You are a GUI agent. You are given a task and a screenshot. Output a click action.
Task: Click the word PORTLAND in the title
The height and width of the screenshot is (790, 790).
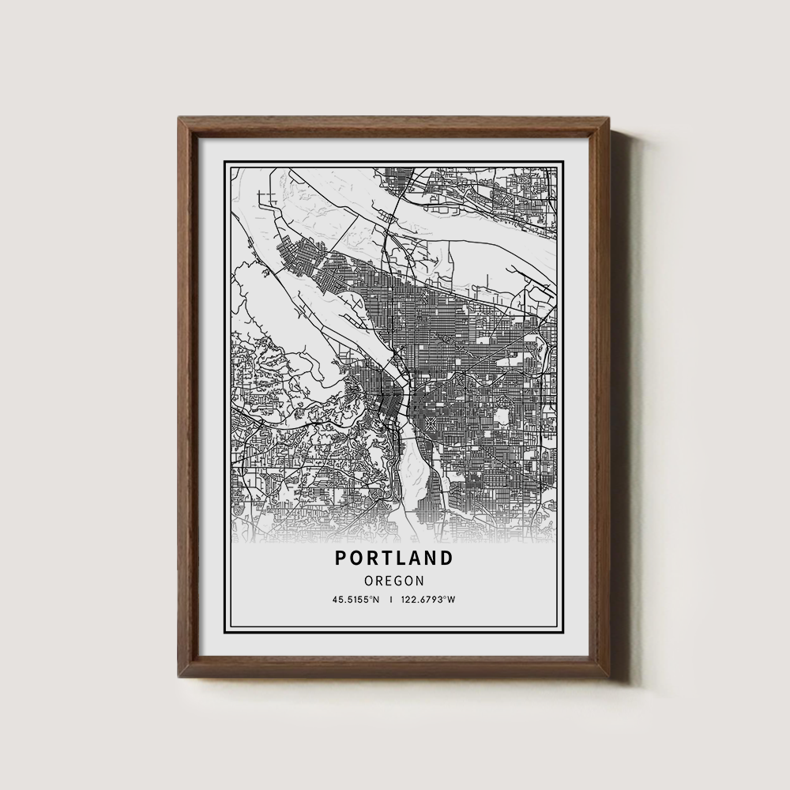[x=394, y=558]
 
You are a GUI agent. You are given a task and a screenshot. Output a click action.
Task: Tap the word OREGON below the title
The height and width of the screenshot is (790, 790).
[x=394, y=581]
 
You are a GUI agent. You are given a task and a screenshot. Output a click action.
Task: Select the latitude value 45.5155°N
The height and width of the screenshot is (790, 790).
[x=356, y=600]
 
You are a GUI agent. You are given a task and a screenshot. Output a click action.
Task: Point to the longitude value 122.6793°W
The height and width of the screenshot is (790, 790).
[x=428, y=600]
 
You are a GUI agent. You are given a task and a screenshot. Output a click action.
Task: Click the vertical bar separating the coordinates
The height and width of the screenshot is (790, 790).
[x=391, y=600]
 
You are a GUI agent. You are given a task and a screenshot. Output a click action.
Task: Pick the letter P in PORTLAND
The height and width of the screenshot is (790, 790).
[x=340, y=558]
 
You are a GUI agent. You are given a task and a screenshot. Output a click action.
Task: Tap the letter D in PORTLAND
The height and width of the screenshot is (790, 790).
[x=448, y=558]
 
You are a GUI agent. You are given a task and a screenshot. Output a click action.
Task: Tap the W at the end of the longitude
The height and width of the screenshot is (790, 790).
[x=452, y=600]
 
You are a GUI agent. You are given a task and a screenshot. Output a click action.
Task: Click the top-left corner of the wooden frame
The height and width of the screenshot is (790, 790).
[x=179, y=117]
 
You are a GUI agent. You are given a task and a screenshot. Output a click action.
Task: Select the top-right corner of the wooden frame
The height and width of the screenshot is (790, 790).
[x=611, y=117]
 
